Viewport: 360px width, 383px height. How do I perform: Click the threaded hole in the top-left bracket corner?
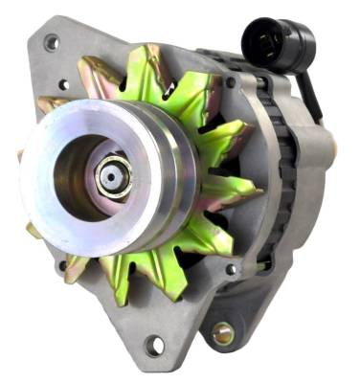point(51,42)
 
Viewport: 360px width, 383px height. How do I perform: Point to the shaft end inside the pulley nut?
point(111,175)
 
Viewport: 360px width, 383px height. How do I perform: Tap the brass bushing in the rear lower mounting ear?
point(223,333)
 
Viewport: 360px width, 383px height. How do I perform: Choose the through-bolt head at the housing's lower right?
point(231,269)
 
